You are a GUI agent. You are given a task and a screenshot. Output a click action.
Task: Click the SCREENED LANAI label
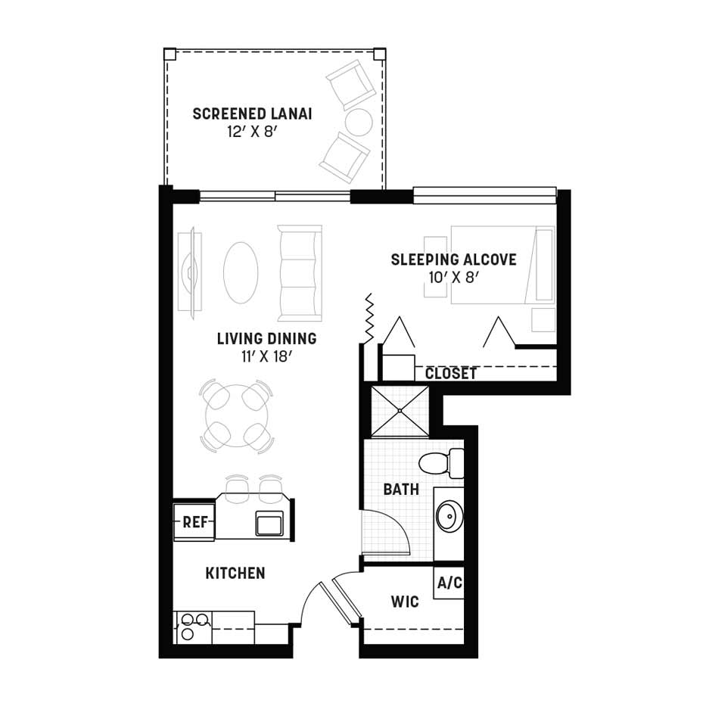(252, 114)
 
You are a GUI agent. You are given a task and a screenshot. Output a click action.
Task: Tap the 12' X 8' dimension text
(250, 132)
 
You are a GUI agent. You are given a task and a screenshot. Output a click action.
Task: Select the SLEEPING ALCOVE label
(453, 260)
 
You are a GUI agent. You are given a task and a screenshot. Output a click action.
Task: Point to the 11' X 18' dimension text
(267, 356)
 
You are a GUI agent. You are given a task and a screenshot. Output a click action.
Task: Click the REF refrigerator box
(194, 522)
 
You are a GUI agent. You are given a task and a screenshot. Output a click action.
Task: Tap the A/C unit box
(449, 582)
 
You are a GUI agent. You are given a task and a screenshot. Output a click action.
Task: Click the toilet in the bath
(441, 463)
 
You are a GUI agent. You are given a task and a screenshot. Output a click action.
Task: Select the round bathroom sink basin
(449, 516)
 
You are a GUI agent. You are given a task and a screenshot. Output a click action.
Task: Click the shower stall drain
(400, 411)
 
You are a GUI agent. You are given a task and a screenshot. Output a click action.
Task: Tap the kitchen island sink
(269, 523)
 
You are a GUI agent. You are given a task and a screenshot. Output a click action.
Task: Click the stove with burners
(193, 627)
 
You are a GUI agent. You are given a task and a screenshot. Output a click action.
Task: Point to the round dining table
(237, 415)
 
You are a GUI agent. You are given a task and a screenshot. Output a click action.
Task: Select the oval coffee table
(241, 273)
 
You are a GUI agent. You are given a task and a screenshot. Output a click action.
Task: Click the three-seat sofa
(300, 273)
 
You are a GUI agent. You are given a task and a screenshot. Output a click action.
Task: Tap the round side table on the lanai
(359, 122)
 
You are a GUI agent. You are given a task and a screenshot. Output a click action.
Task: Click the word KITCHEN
(235, 573)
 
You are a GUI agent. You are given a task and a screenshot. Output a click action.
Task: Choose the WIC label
(405, 602)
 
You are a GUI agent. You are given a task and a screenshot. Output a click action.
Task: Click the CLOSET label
(451, 373)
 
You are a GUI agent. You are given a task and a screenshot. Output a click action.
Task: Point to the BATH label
(401, 490)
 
